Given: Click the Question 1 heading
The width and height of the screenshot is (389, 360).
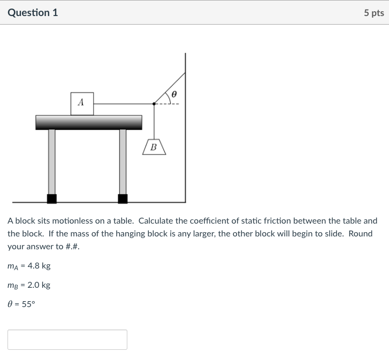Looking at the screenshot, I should pos(33,12).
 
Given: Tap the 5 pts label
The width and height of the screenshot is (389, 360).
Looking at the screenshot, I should pos(373,13).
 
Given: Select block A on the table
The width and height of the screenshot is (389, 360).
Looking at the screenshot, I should pos(82,103).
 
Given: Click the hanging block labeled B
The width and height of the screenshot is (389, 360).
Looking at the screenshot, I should pos(154,147).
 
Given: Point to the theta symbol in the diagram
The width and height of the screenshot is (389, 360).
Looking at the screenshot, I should pos(173,95).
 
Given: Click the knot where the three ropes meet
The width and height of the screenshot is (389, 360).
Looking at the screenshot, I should pos(154,103).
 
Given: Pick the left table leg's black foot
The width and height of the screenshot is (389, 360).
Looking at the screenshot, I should pos(51,198).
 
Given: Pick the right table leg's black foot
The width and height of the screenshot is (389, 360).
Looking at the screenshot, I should pos(123,198).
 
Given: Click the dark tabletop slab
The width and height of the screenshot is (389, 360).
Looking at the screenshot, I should pos(89,122).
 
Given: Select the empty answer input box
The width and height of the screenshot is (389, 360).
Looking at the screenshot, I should pos(67,340).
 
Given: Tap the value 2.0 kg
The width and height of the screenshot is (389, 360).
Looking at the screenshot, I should pos(39,285).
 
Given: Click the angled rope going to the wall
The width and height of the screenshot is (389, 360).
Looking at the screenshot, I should pos(170,87).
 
